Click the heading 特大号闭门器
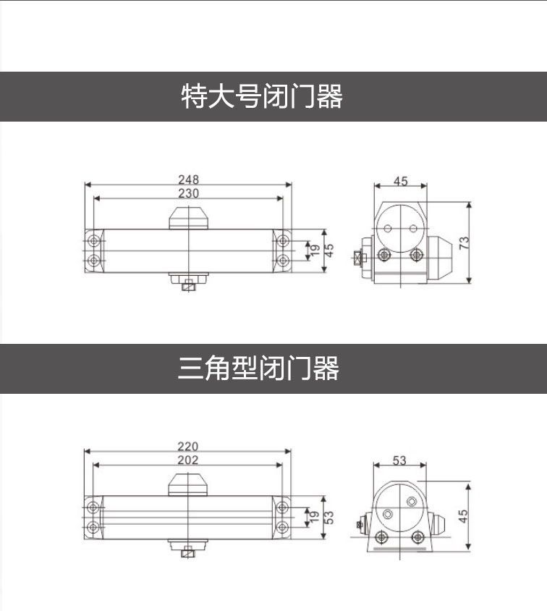[261, 96]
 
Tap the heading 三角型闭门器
[258, 368]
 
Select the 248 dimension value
[188, 179]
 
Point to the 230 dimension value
[188, 193]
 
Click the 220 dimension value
[187, 447]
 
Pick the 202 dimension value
[187, 460]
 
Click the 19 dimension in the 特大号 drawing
[314, 250]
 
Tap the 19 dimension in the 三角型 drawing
[314, 518]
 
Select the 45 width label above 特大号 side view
[400, 181]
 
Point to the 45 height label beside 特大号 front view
[329, 250]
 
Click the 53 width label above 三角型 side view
[399, 460]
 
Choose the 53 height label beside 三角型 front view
[329, 518]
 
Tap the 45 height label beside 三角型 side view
[464, 515]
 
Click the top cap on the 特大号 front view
[188, 218]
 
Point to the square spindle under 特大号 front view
[188, 284]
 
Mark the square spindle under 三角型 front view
[187, 551]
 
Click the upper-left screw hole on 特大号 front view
[93, 240]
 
